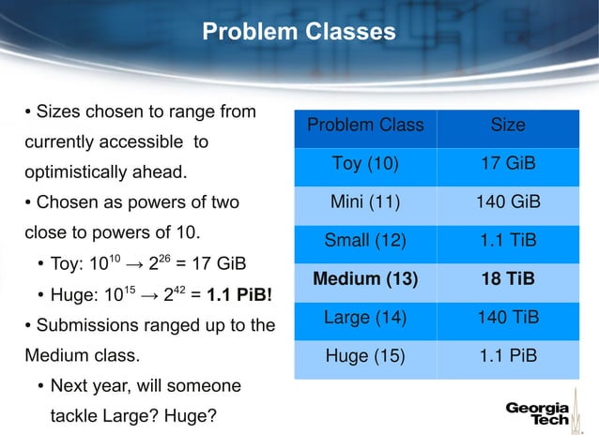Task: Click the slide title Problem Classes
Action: tap(299, 32)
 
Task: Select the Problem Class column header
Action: tap(365, 126)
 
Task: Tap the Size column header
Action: tap(508, 126)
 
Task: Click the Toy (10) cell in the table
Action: tap(365, 164)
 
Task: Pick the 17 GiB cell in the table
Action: tap(508, 164)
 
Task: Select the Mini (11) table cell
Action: tap(365, 202)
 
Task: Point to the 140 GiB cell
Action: tap(508, 202)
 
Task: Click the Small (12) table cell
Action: tap(365, 241)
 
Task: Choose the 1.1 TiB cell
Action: tap(508, 241)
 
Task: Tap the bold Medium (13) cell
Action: tap(365, 279)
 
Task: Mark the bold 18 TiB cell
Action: tap(508, 279)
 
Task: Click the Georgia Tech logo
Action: tap(538, 414)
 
